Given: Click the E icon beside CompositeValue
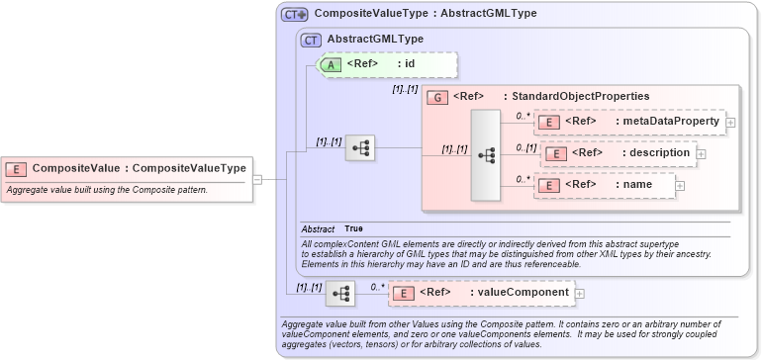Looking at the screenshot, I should click(x=17, y=168).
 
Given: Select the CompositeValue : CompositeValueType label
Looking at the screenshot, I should click(x=139, y=168).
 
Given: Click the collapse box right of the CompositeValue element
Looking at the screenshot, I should click(x=257, y=180).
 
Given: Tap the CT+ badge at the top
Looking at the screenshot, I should click(x=295, y=15).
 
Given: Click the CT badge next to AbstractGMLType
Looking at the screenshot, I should click(x=311, y=39).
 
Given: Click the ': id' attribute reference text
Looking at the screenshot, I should click(x=405, y=64).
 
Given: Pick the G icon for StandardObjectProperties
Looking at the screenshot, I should click(x=436, y=97).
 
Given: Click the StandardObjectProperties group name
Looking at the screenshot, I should click(x=576, y=97).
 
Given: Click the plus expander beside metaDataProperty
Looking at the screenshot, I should click(x=730, y=123).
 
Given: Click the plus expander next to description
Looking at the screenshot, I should click(x=701, y=154).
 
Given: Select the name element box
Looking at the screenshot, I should click(x=604, y=185).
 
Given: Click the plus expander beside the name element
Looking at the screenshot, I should click(x=679, y=185).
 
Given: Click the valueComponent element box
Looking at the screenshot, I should click(x=481, y=293).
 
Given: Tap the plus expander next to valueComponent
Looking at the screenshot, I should click(x=580, y=293).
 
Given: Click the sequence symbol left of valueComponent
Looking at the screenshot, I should click(x=339, y=293).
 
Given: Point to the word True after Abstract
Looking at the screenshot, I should click(x=353, y=228).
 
